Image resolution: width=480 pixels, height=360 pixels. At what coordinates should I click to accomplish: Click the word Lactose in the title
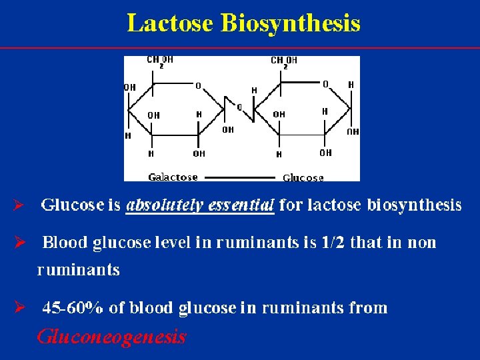(170, 23)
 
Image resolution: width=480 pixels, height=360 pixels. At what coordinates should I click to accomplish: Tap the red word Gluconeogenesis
(111, 337)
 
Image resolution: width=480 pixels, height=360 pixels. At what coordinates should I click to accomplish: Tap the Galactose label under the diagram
(173, 177)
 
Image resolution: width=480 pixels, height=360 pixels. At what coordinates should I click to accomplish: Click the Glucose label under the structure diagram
(303, 178)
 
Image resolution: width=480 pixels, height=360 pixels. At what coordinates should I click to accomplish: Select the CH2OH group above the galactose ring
(160, 61)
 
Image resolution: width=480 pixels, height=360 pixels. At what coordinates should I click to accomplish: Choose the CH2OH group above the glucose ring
(284, 61)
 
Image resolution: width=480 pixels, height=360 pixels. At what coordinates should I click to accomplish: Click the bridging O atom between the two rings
(239, 107)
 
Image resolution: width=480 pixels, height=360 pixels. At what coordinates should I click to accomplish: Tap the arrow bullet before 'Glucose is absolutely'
(19, 205)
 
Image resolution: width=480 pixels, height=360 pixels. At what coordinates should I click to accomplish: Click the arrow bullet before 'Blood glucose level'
(19, 242)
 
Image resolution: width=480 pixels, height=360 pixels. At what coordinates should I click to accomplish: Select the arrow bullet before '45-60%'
(19, 308)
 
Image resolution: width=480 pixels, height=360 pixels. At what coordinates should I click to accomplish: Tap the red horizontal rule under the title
(240, 48)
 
